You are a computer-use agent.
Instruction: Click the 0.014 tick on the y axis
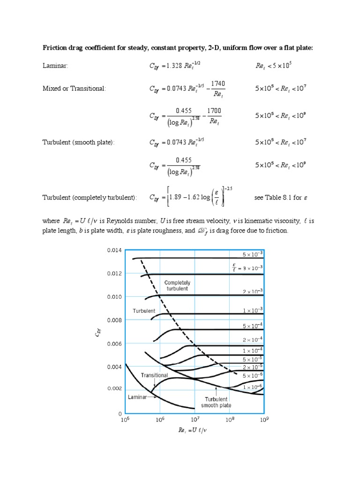pos(114,250)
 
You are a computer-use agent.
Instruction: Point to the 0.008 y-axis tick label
pos(114,320)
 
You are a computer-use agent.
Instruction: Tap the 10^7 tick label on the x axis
pos(194,420)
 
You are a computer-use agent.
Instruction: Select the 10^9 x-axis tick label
pos(264,420)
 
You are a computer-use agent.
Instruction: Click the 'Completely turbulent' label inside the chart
pos(176,285)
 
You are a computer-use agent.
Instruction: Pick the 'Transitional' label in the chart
pos(154,375)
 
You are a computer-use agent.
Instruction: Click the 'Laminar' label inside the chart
pos(137,397)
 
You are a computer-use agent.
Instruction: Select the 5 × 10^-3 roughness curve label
pos(253,254)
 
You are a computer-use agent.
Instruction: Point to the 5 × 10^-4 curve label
pos(253,326)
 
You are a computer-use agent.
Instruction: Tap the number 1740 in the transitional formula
pos(218,84)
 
